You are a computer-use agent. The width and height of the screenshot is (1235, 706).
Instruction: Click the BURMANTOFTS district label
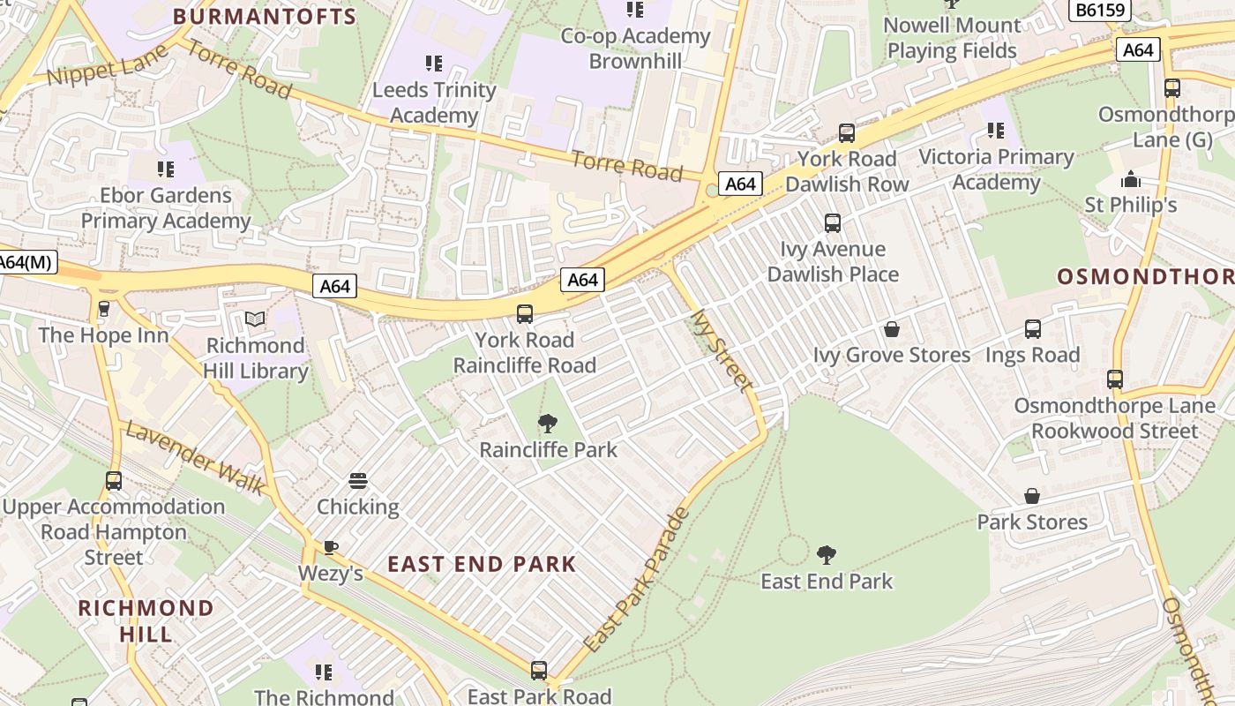point(265,16)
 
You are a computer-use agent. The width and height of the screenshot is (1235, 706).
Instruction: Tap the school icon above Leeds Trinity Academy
point(433,64)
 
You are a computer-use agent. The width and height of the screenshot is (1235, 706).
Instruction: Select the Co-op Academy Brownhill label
point(635,49)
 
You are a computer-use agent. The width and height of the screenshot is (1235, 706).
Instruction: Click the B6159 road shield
point(1099,11)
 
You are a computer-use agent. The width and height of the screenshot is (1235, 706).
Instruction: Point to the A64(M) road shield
point(26,262)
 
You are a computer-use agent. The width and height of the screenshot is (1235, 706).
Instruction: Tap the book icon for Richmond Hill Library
point(255,319)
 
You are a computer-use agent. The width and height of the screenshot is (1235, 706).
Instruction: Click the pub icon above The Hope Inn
point(104,309)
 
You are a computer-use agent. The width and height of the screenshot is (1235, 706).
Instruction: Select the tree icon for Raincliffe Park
point(548,423)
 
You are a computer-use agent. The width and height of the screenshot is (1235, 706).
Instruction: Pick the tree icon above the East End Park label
point(827,554)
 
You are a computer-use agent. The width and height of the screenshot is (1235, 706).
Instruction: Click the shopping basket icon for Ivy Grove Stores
point(892,329)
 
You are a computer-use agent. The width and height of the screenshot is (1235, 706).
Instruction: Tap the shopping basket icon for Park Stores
point(1032,496)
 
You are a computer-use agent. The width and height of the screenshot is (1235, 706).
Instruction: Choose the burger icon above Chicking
point(358,481)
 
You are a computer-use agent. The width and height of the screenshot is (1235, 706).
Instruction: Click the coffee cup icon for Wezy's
point(331,547)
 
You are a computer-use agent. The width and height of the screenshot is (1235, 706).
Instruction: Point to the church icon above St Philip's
point(1131,180)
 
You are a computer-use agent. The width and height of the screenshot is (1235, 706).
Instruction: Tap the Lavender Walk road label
point(195,457)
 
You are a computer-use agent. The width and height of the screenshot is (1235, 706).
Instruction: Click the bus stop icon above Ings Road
point(1033,329)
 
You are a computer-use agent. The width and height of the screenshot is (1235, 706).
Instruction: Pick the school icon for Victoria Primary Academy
point(996,131)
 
